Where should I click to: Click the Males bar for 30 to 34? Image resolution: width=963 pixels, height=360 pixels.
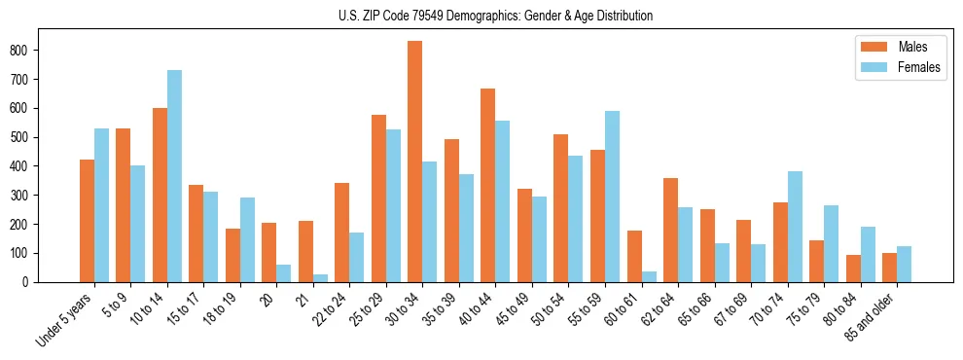tap(415, 162)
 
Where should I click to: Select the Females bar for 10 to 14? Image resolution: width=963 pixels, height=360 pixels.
tap(174, 176)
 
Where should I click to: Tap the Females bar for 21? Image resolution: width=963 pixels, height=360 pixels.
tap(320, 278)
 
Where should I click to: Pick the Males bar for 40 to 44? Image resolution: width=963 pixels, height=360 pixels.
tap(488, 185)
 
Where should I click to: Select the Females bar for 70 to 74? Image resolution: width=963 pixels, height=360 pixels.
tap(795, 227)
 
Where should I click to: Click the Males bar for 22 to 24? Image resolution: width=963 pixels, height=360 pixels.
tap(342, 233)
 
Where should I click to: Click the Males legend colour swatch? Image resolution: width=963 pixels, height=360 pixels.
tap(870, 47)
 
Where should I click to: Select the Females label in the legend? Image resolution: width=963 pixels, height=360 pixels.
tap(919, 70)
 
